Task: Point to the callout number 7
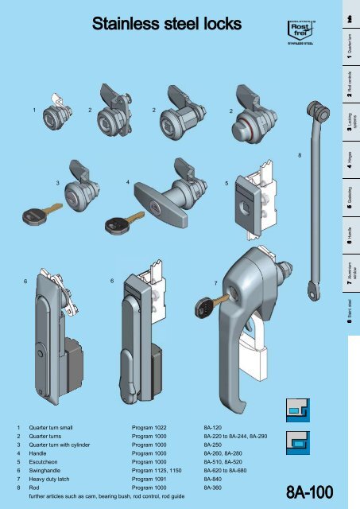point(215,283)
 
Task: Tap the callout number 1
point(33,109)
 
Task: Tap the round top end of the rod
point(323,111)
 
